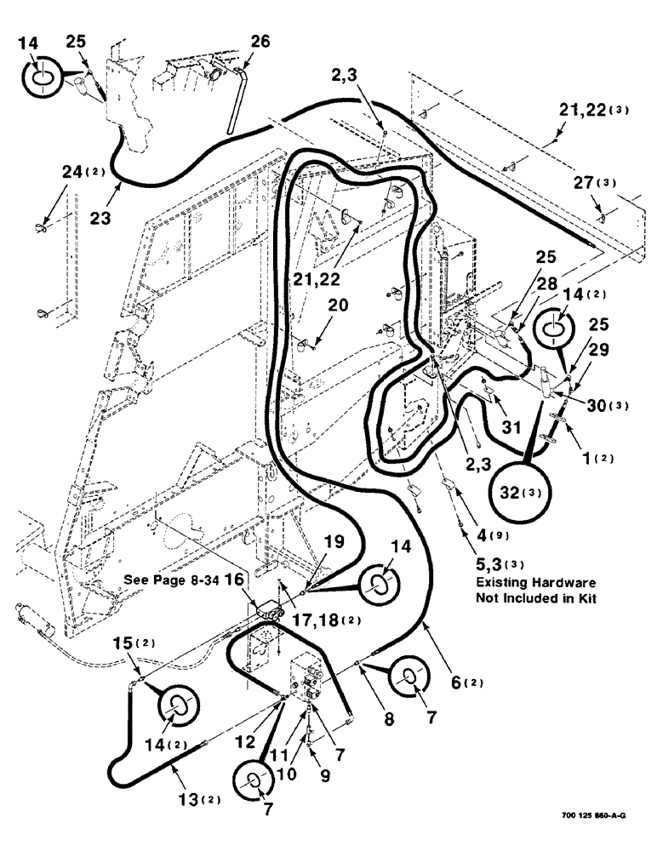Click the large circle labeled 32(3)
(519, 492)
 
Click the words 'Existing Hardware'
(534, 581)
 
